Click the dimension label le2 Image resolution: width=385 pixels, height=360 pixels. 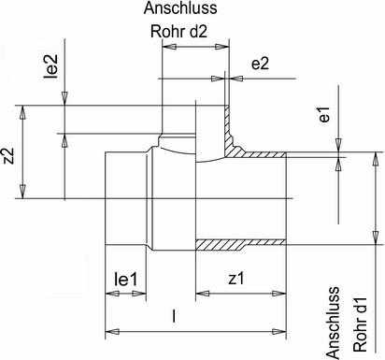click(x=51, y=66)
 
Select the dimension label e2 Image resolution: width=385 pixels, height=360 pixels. click(x=260, y=64)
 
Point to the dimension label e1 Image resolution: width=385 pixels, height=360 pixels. click(x=324, y=114)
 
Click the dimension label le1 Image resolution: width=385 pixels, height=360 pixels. click(x=125, y=279)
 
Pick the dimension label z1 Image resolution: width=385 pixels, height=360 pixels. click(x=236, y=279)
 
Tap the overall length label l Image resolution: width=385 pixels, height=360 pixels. click(x=175, y=316)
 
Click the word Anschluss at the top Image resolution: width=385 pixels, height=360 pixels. click(x=180, y=8)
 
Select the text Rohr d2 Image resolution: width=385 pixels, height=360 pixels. click(x=178, y=32)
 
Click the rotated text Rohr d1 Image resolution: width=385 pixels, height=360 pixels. click(x=361, y=325)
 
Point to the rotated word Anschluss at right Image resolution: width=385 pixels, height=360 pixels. click(x=333, y=323)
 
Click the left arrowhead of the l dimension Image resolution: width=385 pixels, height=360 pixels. click(x=112, y=331)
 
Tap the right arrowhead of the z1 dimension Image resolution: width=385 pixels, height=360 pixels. click(x=278, y=294)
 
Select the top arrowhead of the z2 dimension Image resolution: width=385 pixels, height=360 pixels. click(x=22, y=112)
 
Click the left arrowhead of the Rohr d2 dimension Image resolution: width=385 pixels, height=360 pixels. click(x=169, y=47)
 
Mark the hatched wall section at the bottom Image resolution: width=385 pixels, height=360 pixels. click(x=240, y=245)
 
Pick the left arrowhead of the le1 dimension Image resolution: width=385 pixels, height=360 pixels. click(x=112, y=294)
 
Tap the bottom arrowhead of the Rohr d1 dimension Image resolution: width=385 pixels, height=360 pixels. click(x=376, y=238)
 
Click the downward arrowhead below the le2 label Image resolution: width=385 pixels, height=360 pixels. click(x=64, y=98)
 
